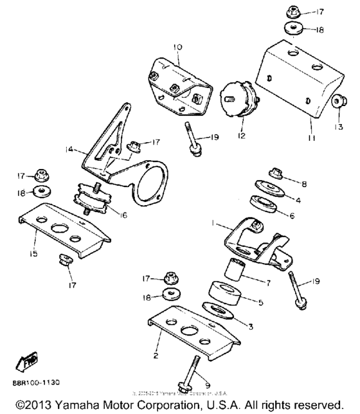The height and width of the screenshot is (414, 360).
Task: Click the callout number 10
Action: [x=178, y=48]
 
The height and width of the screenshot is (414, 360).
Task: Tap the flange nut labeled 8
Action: [x=276, y=173]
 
